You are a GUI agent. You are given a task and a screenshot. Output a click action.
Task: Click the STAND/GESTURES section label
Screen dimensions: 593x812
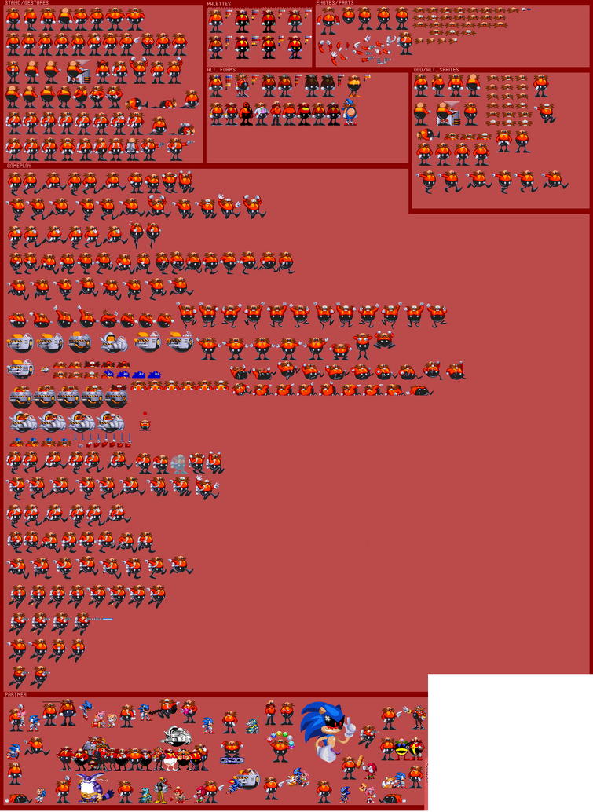26,3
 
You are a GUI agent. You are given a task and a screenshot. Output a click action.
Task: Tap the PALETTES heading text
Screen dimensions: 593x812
219,3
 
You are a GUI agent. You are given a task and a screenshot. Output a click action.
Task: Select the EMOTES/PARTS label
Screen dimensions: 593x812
335,3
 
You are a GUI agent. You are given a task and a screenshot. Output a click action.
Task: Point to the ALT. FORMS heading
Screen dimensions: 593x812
221,70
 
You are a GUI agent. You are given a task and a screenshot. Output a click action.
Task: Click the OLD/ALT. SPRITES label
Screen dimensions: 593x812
436,70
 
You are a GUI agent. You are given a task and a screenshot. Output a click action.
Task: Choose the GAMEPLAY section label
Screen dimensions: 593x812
19,166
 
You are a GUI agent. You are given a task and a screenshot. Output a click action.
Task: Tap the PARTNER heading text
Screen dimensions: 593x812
16,694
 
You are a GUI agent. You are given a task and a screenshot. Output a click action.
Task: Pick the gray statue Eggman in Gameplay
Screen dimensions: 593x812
179,463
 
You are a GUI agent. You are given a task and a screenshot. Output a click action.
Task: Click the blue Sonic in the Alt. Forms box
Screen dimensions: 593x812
350,113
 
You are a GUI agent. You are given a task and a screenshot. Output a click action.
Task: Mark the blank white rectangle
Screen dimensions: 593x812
510,741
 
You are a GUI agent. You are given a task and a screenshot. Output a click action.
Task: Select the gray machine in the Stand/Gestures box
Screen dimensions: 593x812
80,71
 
